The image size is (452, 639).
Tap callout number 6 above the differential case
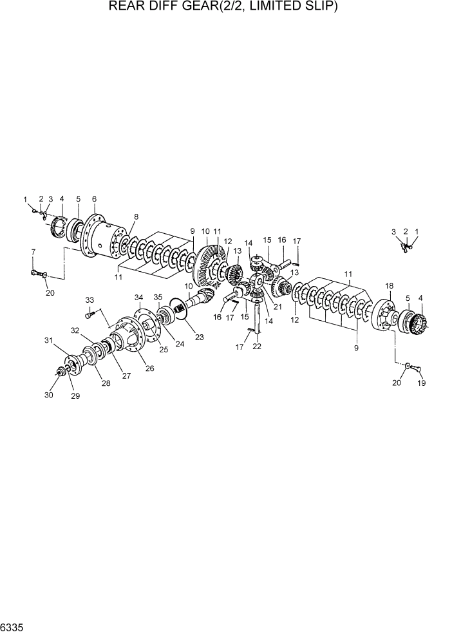tap(94, 199)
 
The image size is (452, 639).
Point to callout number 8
tap(136, 216)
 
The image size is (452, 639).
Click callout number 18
tap(389, 285)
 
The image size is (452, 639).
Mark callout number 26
tap(150, 368)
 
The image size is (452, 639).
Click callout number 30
tap(48, 395)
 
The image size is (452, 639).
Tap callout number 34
tap(138, 297)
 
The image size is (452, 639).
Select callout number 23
tap(199, 336)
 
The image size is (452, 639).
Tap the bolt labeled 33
tap(90, 314)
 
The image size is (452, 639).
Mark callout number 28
tap(106, 383)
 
